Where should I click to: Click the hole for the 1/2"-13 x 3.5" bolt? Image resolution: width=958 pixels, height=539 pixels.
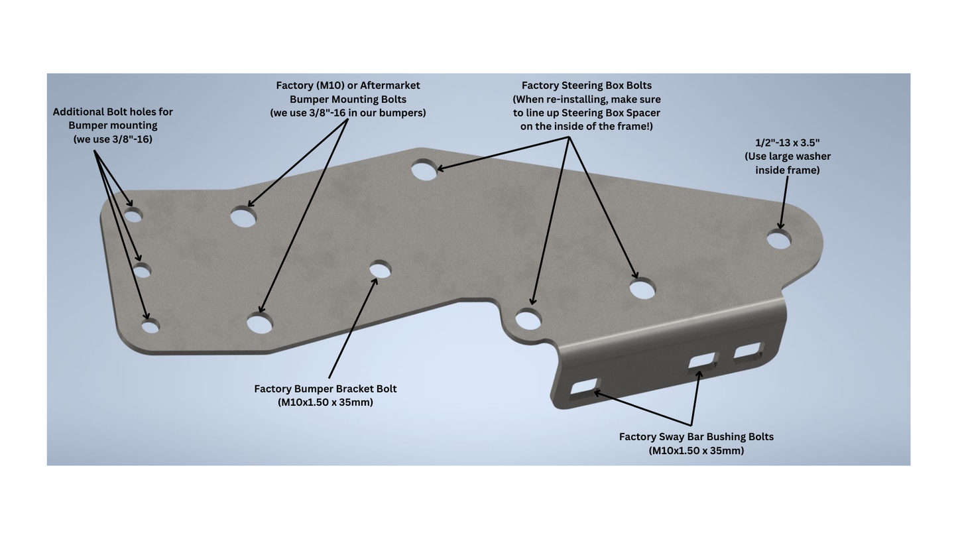click(779, 240)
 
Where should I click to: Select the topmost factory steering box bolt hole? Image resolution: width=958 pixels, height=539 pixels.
click(424, 170)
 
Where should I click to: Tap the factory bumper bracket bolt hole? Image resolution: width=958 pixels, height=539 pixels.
click(380, 270)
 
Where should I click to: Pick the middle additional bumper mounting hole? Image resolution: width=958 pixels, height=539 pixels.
click(143, 271)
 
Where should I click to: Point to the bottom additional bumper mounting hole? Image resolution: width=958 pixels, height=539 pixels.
click(150, 326)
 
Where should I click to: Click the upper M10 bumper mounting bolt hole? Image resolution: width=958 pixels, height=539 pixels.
click(243, 217)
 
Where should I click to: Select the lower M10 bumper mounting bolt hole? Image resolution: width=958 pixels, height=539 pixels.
click(260, 324)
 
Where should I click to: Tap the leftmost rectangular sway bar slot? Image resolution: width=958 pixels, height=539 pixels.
click(584, 387)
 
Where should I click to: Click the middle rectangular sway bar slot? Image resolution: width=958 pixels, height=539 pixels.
click(702, 362)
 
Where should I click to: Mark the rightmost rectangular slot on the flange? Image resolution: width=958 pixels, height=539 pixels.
click(748, 351)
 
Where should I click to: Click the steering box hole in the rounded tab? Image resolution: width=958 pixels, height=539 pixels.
click(528, 320)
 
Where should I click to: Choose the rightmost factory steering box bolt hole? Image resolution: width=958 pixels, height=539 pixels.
click(642, 290)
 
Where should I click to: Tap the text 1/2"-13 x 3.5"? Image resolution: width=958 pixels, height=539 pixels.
click(788, 143)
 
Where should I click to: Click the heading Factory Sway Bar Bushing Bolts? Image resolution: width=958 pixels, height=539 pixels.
click(696, 437)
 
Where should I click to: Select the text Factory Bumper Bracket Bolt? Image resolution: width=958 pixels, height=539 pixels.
click(325, 389)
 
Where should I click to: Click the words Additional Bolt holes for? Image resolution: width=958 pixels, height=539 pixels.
click(113, 112)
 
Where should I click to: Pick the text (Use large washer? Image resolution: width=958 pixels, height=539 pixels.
click(788, 156)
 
